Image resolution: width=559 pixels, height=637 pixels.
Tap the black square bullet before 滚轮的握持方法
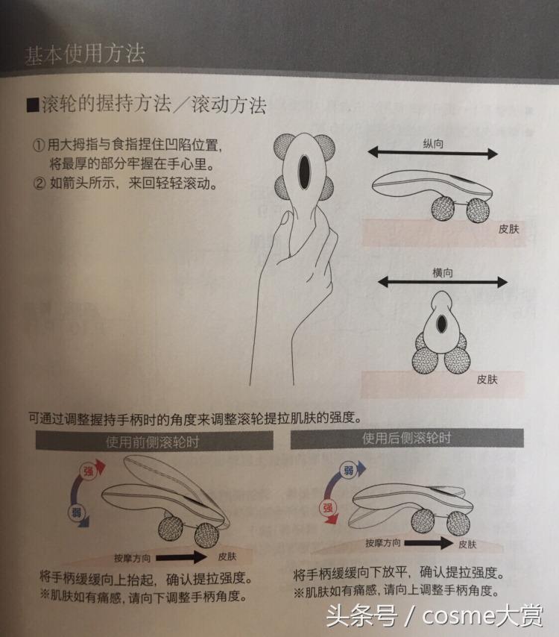coord(32,104)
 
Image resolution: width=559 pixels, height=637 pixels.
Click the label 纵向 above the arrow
coord(432,143)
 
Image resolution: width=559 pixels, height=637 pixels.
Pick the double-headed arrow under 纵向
coord(433,154)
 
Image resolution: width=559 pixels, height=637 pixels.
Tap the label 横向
coord(442,273)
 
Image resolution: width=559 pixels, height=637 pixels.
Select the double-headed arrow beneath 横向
coord(442,283)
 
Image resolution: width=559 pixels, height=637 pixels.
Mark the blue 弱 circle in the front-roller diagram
coord(75,512)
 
